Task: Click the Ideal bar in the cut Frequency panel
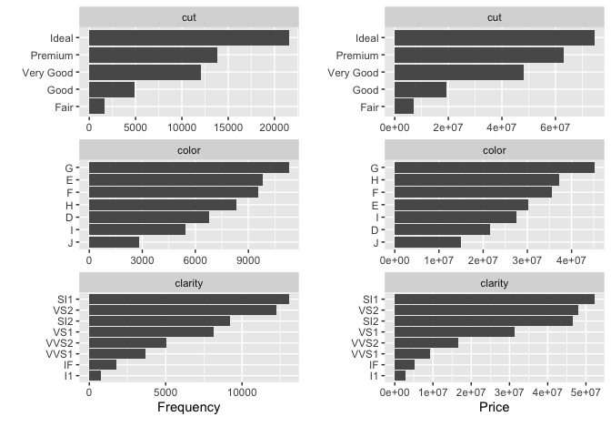click(188, 38)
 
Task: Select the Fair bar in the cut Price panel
click(405, 107)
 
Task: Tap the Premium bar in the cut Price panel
click(479, 56)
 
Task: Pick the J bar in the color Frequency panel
click(114, 242)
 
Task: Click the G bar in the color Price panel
click(495, 168)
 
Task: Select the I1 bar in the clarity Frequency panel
click(95, 375)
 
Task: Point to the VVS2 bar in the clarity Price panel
click(426, 342)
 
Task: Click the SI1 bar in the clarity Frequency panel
click(188, 299)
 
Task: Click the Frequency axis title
click(188, 407)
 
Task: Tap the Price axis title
click(494, 407)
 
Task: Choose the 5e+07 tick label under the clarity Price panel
click(586, 392)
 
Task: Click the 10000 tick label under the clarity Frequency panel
click(242, 392)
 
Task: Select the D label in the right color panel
click(375, 229)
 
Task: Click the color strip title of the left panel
click(188, 149)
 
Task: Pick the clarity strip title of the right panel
click(495, 282)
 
